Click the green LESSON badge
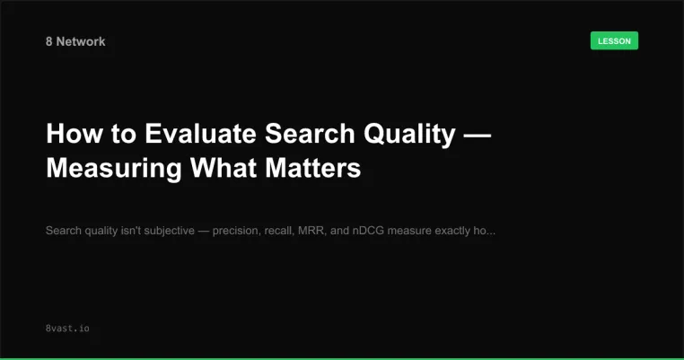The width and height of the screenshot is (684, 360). pos(614,40)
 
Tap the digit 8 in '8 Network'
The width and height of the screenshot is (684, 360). pos(49,41)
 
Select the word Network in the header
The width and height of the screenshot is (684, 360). pos(81,41)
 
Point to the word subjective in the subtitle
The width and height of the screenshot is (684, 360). pos(165,231)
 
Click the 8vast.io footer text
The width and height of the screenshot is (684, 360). pos(66,329)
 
